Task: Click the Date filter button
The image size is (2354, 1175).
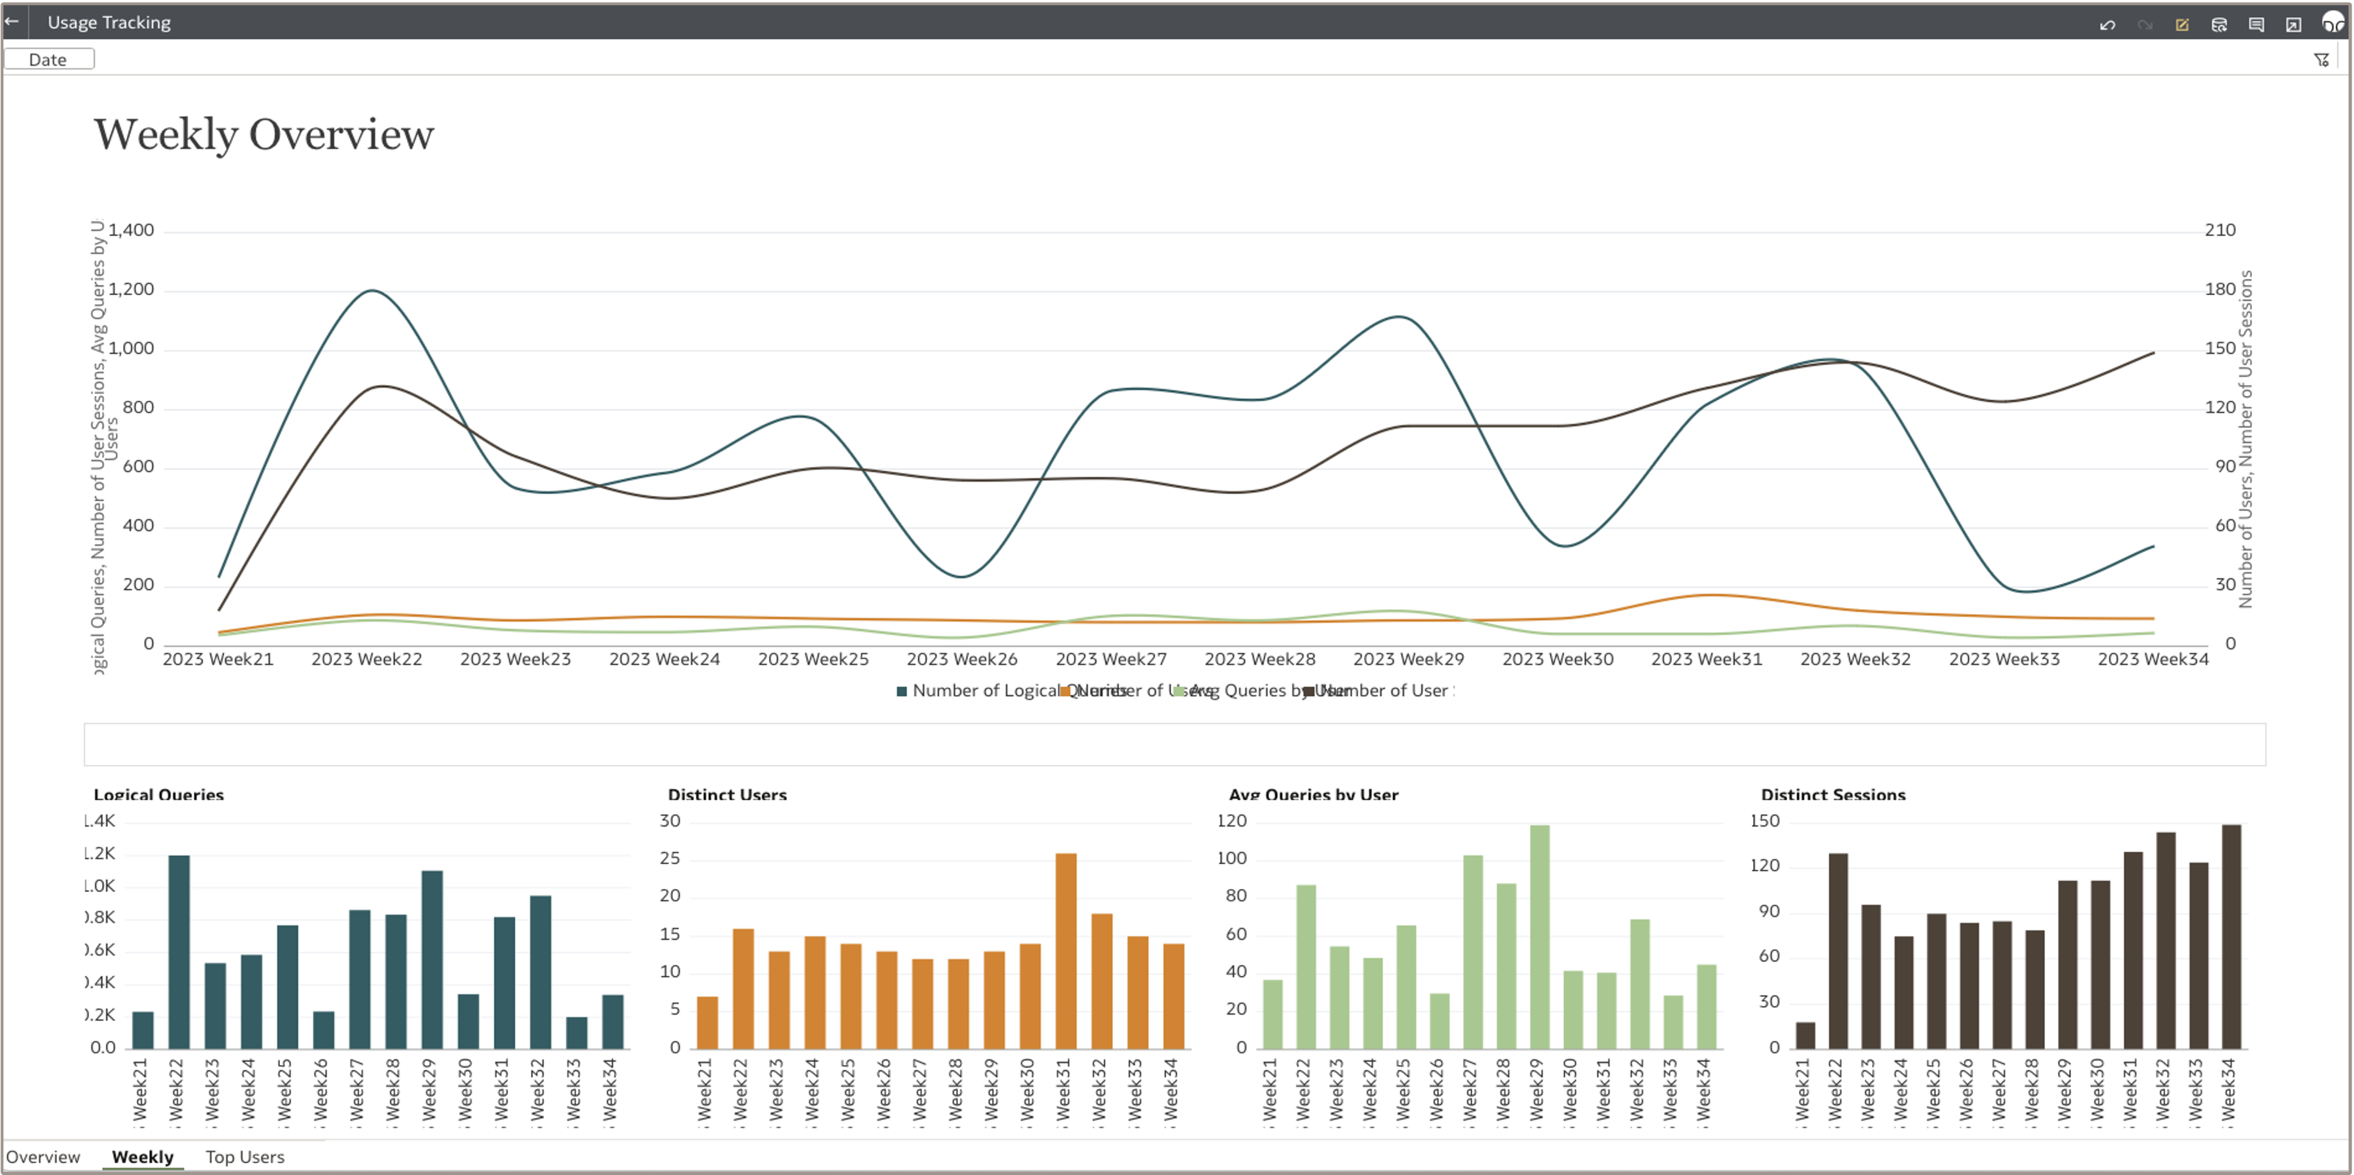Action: click(48, 59)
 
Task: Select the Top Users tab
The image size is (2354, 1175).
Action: click(245, 1157)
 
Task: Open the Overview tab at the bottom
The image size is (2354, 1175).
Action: click(43, 1157)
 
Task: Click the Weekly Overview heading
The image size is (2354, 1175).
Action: click(264, 134)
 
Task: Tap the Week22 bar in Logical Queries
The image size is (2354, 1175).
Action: click(179, 951)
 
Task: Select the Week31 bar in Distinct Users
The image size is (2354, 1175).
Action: click(1066, 950)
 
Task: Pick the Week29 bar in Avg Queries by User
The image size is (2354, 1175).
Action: click(1540, 936)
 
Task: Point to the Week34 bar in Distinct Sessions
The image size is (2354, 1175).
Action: click(2231, 936)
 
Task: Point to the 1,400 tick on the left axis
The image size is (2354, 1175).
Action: click(132, 230)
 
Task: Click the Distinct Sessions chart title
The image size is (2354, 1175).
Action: click(1833, 795)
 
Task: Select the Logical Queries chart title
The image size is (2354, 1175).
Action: click(159, 795)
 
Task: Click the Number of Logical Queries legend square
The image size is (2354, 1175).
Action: click(902, 692)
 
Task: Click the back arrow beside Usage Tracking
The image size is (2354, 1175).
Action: click(12, 21)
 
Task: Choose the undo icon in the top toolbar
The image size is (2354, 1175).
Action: click(2107, 24)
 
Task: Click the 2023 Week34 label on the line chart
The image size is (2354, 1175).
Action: click(2152, 659)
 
